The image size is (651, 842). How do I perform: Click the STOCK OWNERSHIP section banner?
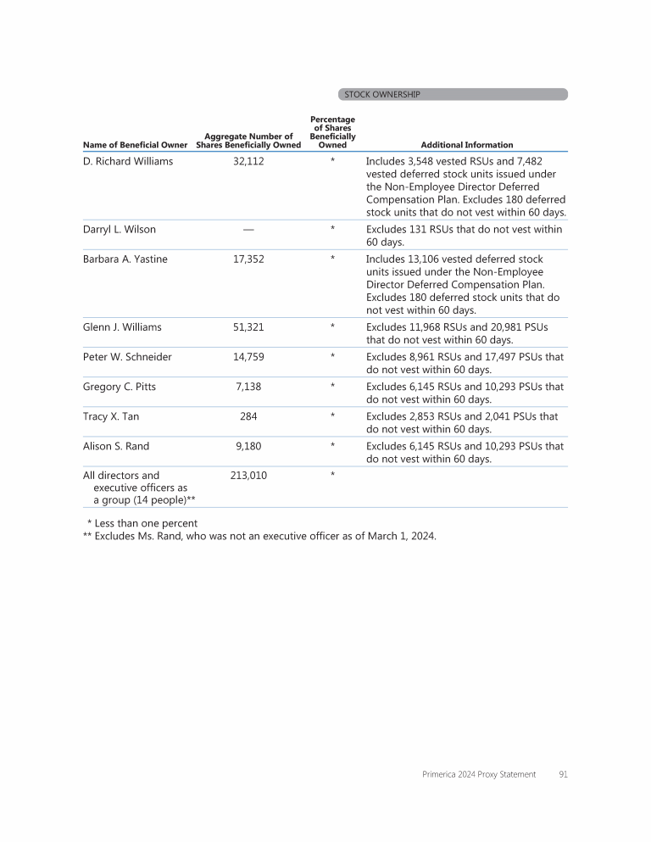click(x=452, y=94)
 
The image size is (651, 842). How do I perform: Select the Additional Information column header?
click(x=466, y=145)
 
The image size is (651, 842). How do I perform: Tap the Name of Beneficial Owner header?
click(x=135, y=145)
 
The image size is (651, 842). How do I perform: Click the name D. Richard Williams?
click(x=128, y=161)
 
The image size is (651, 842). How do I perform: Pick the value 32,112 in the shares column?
click(x=248, y=161)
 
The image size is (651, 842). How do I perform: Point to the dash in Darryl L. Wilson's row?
click(x=248, y=229)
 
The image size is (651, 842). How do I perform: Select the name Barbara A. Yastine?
click(x=125, y=259)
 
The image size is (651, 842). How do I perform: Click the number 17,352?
click(x=248, y=259)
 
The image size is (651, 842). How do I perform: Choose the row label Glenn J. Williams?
click(x=122, y=326)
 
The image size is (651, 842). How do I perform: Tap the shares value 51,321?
click(x=248, y=326)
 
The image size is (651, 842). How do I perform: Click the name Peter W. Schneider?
click(x=127, y=356)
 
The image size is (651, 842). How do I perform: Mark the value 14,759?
click(x=248, y=356)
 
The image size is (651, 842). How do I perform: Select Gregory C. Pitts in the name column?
click(x=120, y=386)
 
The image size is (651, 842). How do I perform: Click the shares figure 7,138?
click(x=248, y=386)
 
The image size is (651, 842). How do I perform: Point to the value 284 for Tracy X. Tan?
click(x=248, y=415)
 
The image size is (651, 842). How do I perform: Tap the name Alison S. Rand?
click(x=116, y=445)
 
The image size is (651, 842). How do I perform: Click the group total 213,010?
click(x=248, y=475)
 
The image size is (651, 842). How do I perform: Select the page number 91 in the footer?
click(x=563, y=773)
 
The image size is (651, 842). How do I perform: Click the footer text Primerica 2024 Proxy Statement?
click(x=478, y=773)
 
